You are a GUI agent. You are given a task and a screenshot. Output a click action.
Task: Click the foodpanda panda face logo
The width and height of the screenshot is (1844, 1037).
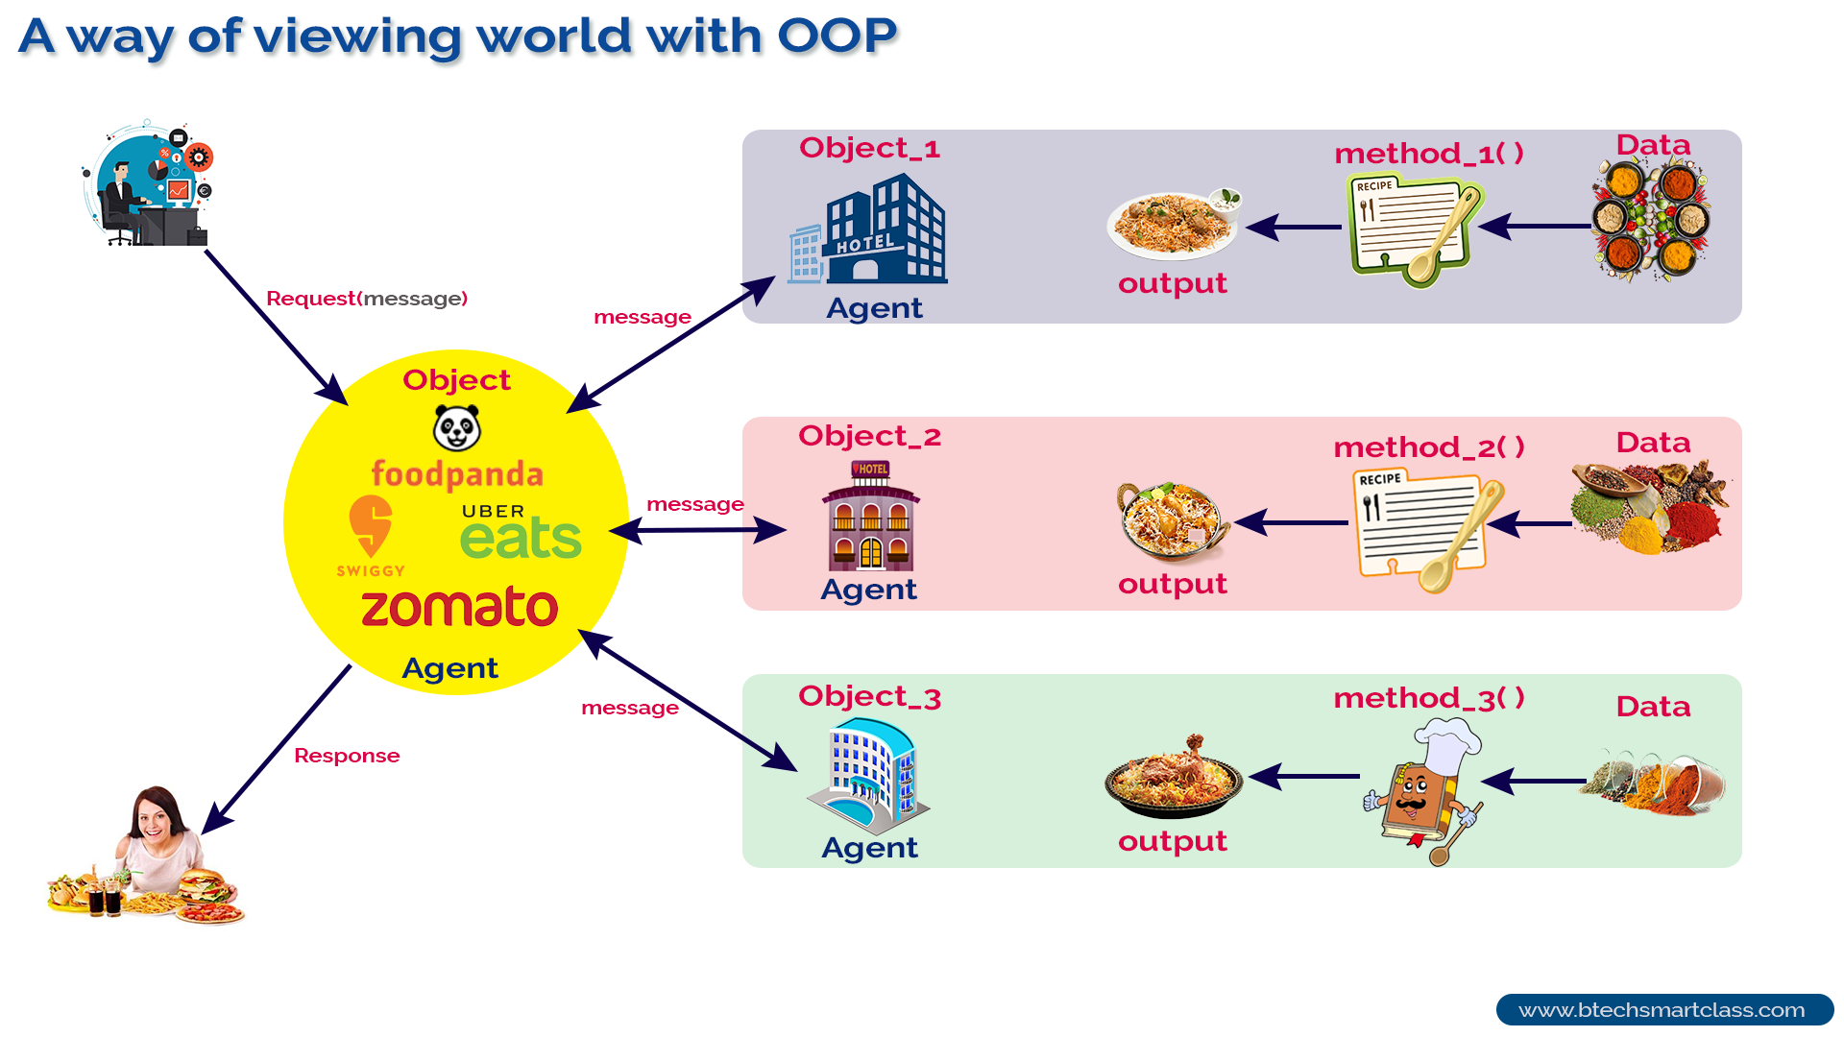coord(457,428)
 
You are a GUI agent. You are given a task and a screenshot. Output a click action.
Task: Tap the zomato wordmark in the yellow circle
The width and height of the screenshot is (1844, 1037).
coord(459,608)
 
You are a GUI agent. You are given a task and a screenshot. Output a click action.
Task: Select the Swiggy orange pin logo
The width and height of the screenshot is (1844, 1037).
coord(371,526)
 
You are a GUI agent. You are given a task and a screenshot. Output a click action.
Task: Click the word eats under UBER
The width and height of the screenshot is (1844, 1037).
coord(521,539)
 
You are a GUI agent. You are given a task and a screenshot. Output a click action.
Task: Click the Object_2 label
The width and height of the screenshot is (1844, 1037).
coord(869,437)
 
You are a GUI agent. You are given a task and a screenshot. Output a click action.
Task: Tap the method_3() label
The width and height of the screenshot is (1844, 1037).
coord(1428,698)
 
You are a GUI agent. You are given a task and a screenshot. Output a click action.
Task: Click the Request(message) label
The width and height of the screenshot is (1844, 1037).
coord(367,299)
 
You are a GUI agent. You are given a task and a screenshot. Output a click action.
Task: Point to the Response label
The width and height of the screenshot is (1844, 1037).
coord(347,756)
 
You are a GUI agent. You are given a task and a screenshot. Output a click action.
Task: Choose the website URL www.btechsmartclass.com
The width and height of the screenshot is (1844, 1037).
coord(1662,1010)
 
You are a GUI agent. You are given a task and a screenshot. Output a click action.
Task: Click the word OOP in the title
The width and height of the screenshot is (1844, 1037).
coord(837,36)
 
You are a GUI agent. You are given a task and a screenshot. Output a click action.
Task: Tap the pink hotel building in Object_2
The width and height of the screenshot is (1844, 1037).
coord(870,518)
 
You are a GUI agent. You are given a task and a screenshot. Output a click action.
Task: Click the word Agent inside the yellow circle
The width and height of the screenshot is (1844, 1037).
coord(449,668)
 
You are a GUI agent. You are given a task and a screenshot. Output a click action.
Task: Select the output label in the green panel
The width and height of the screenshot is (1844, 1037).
coord(1173,841)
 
